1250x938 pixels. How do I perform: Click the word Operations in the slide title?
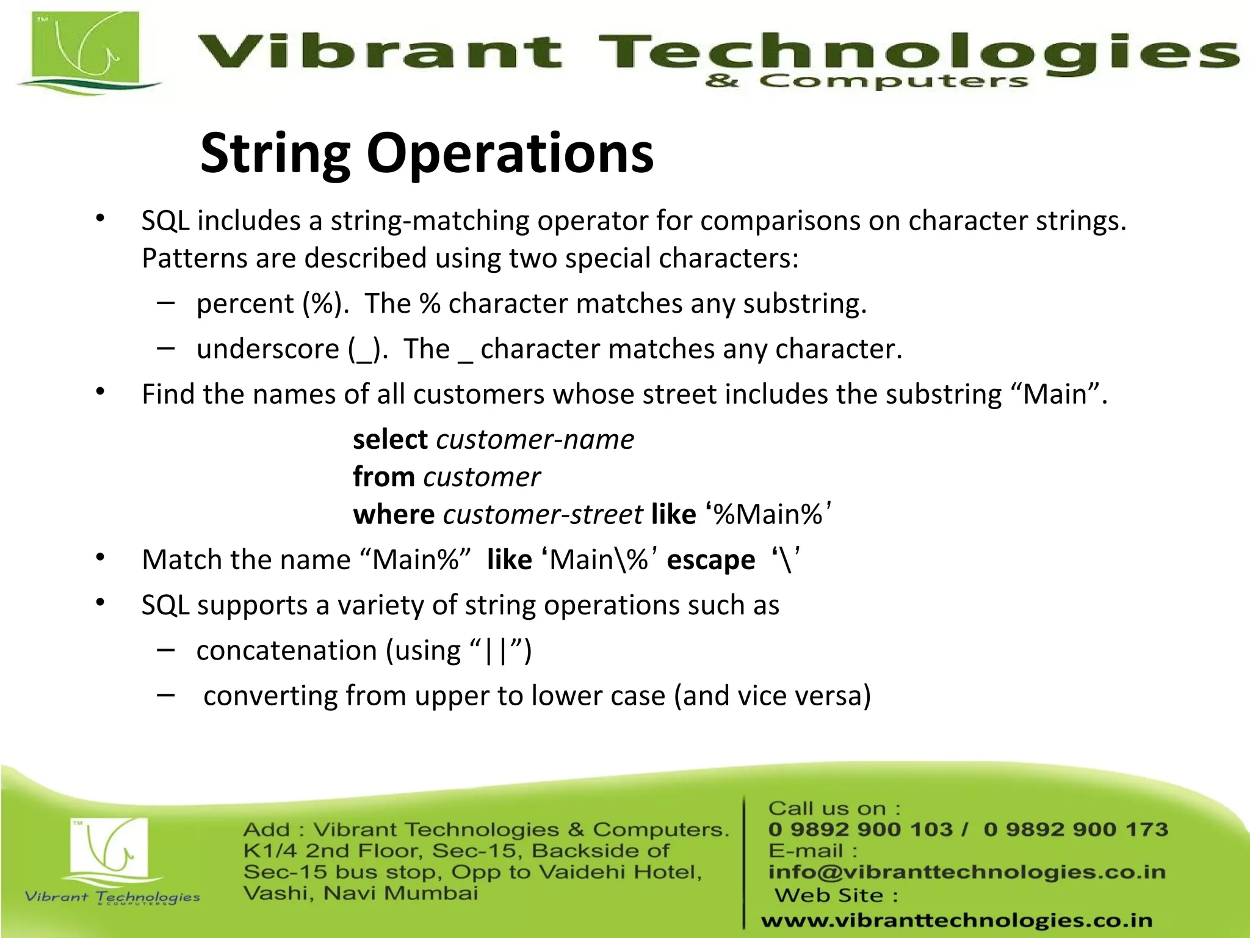click(x=510, y=154)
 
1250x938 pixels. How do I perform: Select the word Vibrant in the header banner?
click(x=378, y=51)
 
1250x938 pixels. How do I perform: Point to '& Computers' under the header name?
click(x=867, y=81)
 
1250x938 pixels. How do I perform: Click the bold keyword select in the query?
click(x=390, y=440)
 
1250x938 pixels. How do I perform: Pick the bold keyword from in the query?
click(x=384, y=477)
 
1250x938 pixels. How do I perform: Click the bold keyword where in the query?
click(x=394, y=514)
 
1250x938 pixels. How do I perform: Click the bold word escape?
click(x=710, y=560)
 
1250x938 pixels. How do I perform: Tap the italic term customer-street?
click(x=543, y=514)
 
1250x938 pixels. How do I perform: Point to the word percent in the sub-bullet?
click(x=245, y=304)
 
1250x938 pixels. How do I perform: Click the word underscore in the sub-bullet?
click(x=267, y=349)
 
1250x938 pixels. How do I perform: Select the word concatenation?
click(x=286, y=650)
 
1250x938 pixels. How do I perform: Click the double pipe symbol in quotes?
click(x=495, y=651)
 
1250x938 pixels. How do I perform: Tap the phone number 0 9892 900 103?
click(x=860, y=829)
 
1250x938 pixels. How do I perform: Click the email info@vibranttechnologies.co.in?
click(x=967, y=872)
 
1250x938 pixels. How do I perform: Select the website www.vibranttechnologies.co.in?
click(x=956, y=920)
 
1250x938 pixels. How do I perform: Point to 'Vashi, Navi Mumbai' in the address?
click(x=361, y=893)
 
